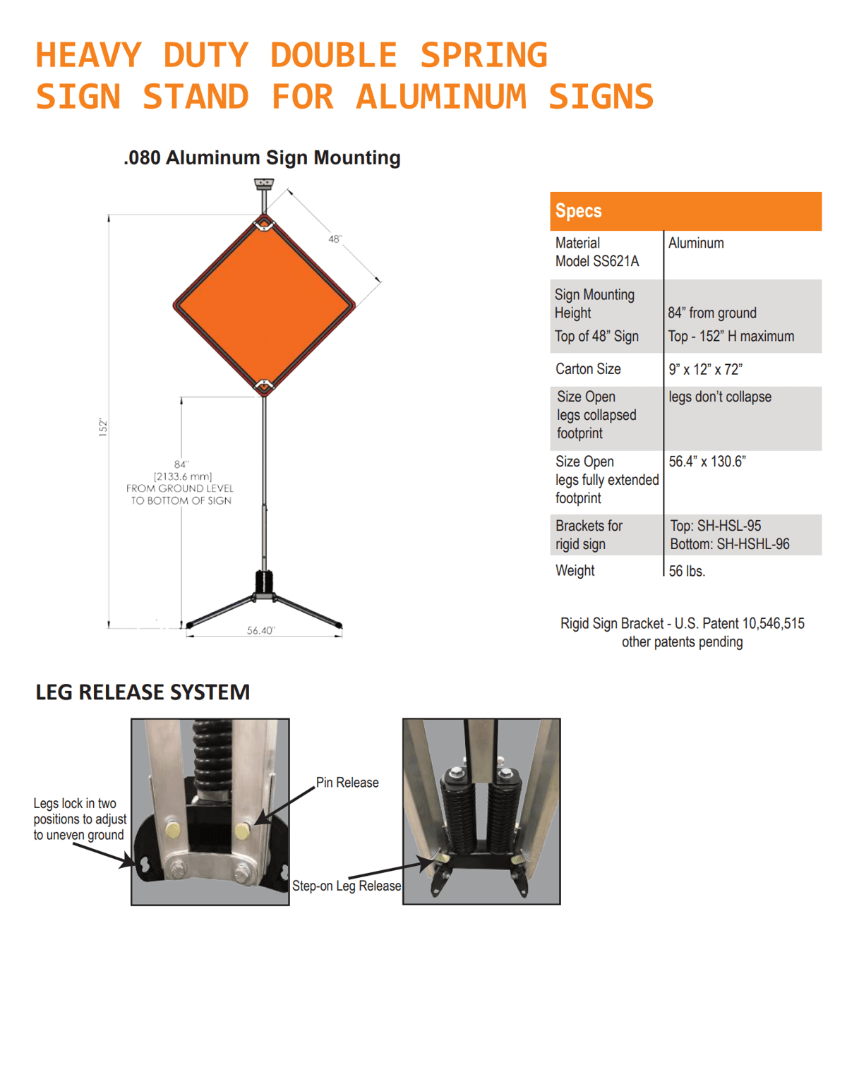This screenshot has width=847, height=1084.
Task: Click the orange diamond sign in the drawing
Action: (x=264, y=306)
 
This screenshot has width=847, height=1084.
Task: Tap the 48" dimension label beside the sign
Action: (x=335, y=239)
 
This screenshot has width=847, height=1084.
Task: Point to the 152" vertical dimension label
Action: (x=103, y=427)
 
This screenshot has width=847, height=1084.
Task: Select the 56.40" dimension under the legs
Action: (x=260, y=630)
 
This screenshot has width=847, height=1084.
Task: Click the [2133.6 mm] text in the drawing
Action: (x=182, y=476)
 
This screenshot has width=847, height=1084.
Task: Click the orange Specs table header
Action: (x=685, y=211)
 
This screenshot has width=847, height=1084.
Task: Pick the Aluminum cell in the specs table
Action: (x=696, y=243)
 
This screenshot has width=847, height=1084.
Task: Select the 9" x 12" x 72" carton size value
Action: (x=705, y=369)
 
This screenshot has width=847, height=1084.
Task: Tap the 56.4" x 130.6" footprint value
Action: (x=707, y=462)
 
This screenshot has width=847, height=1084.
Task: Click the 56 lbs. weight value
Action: (x=687, y=571)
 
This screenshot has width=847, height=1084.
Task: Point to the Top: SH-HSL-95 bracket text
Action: (x=715, y=526)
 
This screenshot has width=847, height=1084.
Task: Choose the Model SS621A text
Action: (x=597, y=261)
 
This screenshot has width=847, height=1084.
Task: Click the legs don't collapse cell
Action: (x=720, y=397)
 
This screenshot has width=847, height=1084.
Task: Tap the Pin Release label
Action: (x=347, y=783)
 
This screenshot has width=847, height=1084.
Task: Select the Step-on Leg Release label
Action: (x=347, y=886)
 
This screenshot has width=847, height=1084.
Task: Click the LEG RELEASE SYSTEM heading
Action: (x=143, y=692)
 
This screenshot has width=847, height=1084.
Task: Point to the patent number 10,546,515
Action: (x=773, y=624)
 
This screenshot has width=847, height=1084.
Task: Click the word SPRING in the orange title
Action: (x=483, y=55)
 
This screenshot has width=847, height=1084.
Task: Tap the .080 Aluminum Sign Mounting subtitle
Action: (x=262, y=157)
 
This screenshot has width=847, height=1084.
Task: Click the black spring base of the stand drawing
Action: (x=264, y=583)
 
